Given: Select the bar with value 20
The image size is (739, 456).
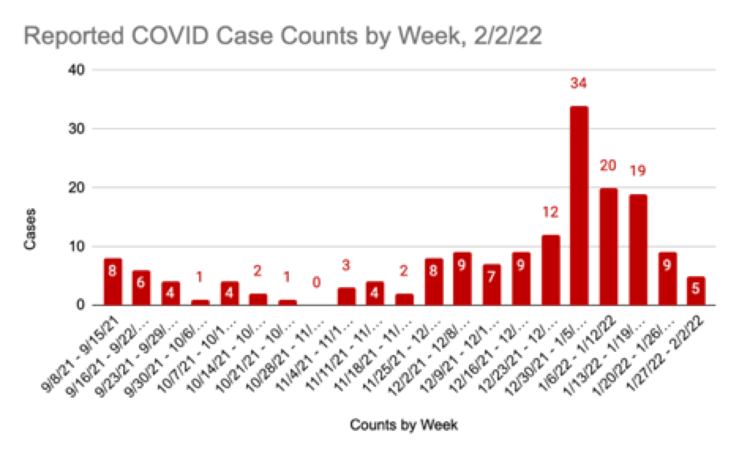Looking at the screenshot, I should [608, 246].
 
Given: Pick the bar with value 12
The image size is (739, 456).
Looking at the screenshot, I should [550, 270].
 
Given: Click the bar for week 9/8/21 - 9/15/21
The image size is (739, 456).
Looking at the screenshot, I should [113, 282].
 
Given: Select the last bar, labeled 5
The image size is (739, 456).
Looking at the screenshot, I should [696, 290].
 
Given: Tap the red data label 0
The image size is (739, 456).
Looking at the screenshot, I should [317, 281].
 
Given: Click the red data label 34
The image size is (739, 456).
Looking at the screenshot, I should [579, 83].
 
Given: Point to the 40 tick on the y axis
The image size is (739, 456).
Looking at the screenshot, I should [79, 70].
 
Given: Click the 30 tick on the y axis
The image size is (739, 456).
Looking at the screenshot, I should [79, 129].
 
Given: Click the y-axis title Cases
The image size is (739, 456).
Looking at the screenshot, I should [30, 234].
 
